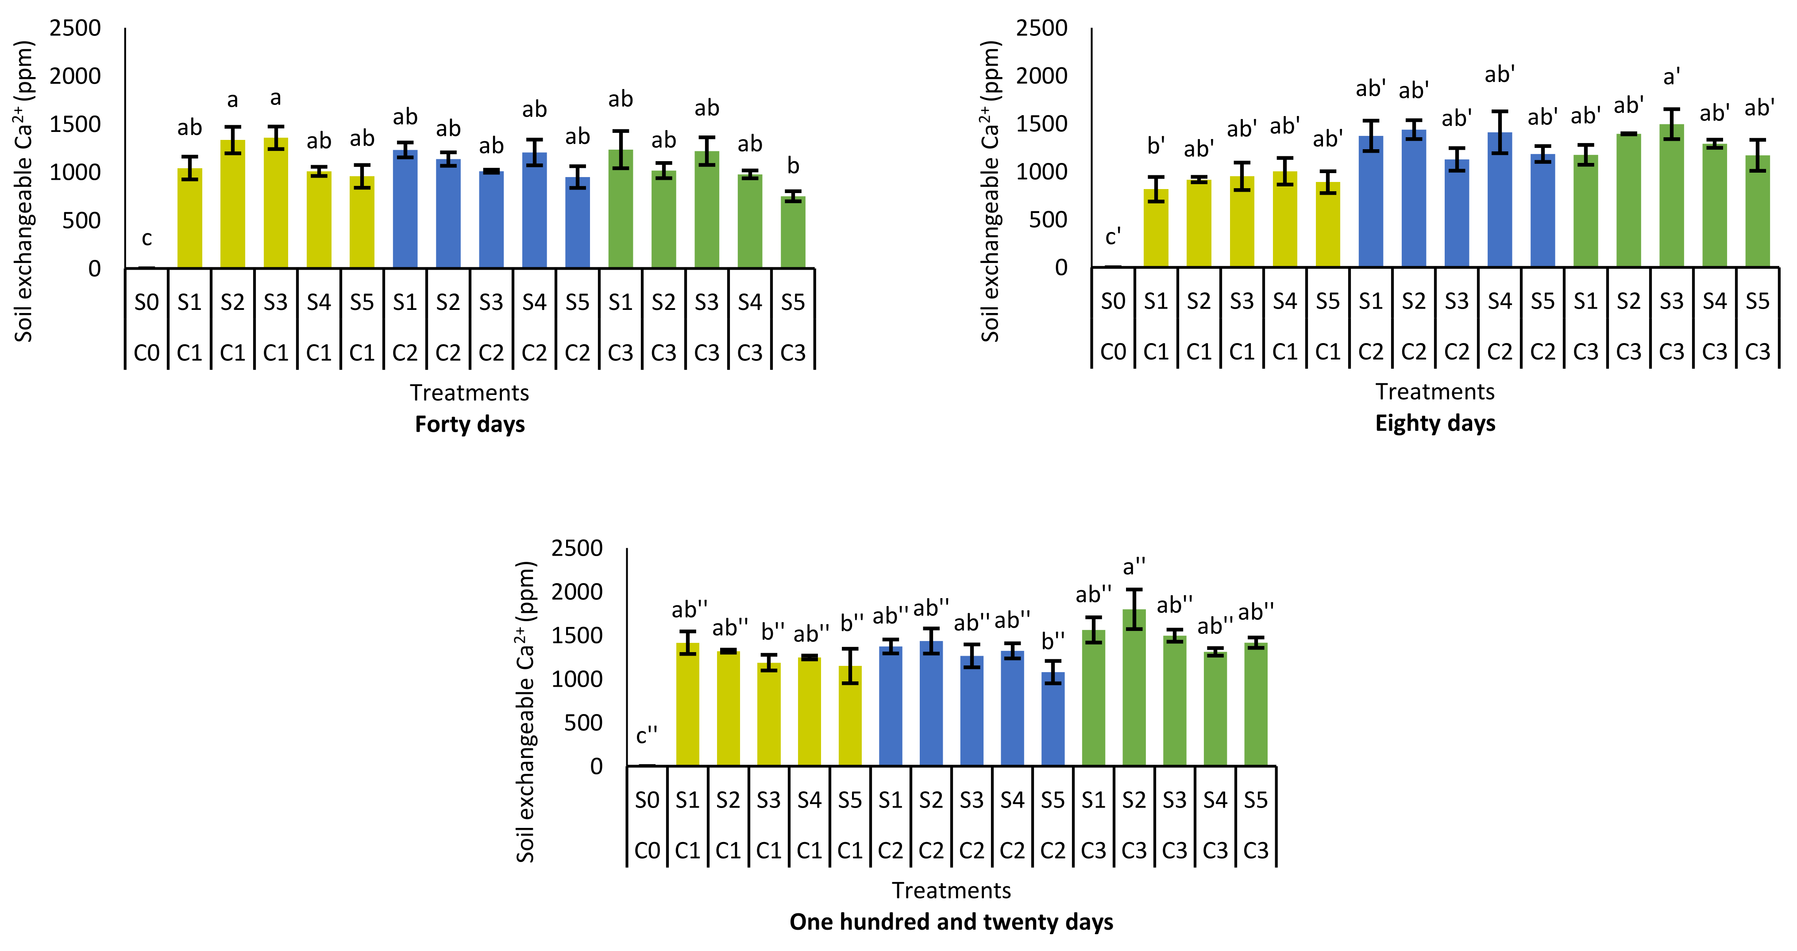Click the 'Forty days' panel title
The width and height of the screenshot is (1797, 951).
pyautogui.click(x=470, y=424)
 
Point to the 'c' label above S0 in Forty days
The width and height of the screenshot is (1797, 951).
pyautogui.click(x=147, y=239)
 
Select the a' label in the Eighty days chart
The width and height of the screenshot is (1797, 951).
pyautogui.click(x=1671, y=77)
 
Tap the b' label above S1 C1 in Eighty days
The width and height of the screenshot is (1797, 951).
pyautogui.click(x=1156, y=146)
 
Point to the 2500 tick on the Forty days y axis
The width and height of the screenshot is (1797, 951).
pyautogui.click(x=75, y=29)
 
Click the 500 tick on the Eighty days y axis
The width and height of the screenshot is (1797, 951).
pyautogui.click(x=1047, y=220)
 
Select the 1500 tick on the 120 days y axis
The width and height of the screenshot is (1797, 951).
pyautogui.click(x=577, y=636)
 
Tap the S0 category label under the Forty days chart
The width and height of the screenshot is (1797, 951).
pyautogui.click(x=147, y=302)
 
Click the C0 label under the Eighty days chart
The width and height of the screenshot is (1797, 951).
pyautogui.click(x=1113, y=352)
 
